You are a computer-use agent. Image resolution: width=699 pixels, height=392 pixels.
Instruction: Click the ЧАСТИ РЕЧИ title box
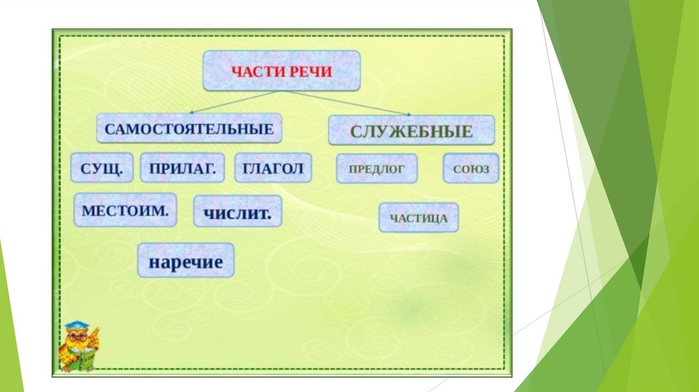(x=281, y=70)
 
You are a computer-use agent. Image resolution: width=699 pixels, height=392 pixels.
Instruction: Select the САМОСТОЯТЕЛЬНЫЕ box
(x=189, y=128)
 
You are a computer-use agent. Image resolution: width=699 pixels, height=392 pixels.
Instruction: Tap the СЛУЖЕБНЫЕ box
(x=411, y=130)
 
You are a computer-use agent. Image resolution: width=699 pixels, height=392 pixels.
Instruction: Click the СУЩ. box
(x=102, y=168)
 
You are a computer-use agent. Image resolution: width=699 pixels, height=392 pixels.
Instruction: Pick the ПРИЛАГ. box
(x=182, y=168)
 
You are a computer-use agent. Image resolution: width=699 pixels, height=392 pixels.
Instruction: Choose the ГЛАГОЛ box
(x=272, y=168)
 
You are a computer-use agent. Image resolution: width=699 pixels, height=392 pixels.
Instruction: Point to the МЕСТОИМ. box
(x=125, y=210)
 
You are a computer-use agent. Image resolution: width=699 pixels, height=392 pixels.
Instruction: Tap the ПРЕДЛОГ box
(x=377, y=168)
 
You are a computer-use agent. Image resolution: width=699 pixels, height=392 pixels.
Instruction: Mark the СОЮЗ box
(x=471, y=168)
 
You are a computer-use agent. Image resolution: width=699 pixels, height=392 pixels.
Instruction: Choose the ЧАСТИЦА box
(x=419, y=218)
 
